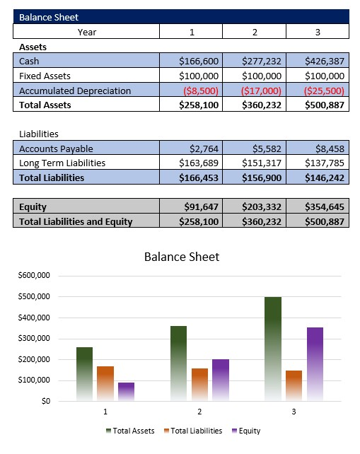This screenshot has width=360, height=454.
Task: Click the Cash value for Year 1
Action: click(200, 62)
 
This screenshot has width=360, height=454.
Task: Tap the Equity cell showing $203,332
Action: click(262, 207)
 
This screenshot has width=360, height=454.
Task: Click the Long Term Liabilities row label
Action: click(62, 163)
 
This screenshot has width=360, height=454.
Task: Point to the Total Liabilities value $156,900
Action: click(262, 177)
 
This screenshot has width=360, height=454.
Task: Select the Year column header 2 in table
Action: click(254, 32)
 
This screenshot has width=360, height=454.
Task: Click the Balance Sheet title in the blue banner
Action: click(49, 17)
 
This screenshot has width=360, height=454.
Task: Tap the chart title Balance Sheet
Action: click(182, 257)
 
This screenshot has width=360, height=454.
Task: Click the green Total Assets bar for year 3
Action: click(273, 347)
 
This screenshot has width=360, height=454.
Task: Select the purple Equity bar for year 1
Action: click(126, 392)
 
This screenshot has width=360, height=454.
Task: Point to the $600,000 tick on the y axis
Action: click(33, 275)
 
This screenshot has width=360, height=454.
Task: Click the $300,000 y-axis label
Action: click(33, 338)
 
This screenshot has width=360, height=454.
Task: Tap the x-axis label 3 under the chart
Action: click(293, 412)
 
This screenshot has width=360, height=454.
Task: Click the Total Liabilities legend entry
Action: click(196, 431)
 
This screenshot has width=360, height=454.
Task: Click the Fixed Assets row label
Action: click(45, 76)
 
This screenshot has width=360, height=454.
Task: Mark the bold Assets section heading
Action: click(33, 47)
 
